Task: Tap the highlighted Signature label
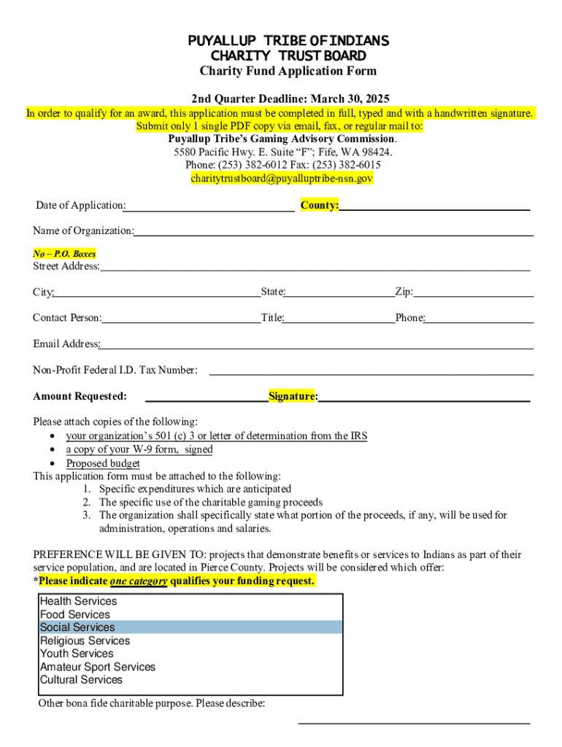coord(292,396)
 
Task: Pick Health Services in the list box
coord(78,601)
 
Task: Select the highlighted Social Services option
coord(77,627)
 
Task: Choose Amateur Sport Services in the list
coord(98,667)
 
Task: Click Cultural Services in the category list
coord(81,680)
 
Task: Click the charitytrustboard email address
coord(282,178)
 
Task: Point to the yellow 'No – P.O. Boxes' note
coord(64,254)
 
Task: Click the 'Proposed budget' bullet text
coord(103,463)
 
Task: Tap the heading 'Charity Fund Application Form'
coord(288,71)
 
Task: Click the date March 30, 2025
coord(350,98)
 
